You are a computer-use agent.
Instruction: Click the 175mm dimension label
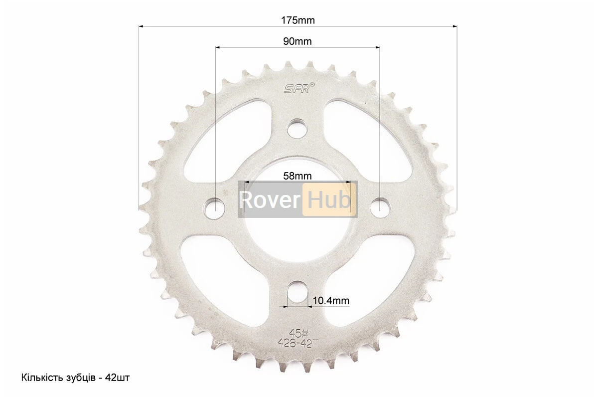click(x=298, y=20)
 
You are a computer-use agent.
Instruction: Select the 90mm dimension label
click(x=297, y=41)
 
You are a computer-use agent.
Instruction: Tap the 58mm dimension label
click(x=297, y=176)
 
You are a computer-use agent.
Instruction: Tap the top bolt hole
click(x=297, y=128)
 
